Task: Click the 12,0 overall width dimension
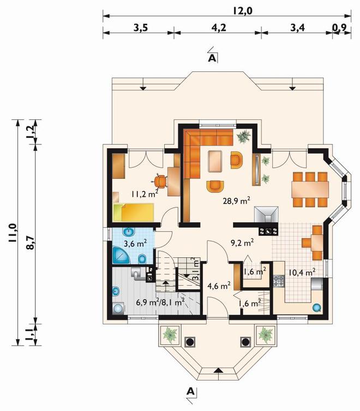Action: pos(242,11)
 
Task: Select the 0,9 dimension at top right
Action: pos(340,27)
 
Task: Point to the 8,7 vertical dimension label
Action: pos(31,243)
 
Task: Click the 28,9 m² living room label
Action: pos(237,201)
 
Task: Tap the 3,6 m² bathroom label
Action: pos(135,244)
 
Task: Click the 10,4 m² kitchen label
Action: pos(302,273)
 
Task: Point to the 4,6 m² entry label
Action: pos(219,286)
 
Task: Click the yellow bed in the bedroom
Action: pos(134,212)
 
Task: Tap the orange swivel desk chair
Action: pos(160,181)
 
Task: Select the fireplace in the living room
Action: pos(266,214)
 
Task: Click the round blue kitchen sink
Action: pos(317,307)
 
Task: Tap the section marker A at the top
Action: pos(212,58)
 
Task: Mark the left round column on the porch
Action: pos(190,342)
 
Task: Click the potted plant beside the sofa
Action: pos(244,137)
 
